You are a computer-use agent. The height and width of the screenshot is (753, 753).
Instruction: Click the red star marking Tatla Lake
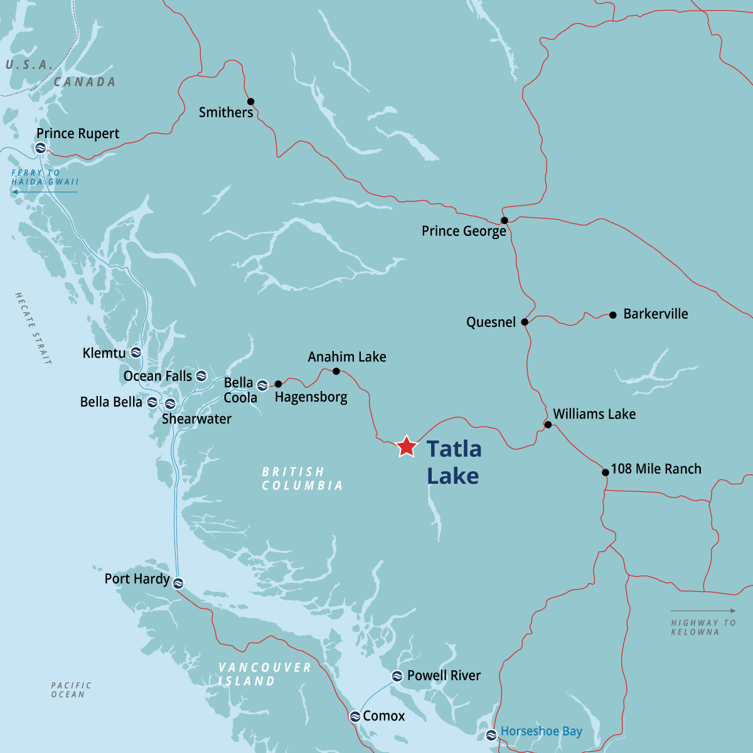[x=407, y=446]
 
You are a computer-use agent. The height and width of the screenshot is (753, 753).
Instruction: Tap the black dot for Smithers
[x=250, y=102]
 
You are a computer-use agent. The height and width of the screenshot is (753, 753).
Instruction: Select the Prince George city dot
[x=504, y=220]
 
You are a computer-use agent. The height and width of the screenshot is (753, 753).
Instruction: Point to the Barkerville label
[x=655, y=314]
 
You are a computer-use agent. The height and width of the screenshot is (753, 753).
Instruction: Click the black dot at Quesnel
[x=525, y=322]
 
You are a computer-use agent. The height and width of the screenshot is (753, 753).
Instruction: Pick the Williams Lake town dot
[x=548, y=425]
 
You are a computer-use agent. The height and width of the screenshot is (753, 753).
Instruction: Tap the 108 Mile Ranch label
[x=656, y=469]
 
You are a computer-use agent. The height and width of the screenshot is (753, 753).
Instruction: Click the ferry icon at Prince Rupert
[x=41, y=148]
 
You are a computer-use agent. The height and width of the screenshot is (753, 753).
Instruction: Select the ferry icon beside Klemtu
[x=136, y=353]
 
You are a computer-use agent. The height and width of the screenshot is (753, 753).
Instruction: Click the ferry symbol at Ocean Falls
[x=201, y=376]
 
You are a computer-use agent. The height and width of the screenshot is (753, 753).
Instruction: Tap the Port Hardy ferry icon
[x=178, y=583]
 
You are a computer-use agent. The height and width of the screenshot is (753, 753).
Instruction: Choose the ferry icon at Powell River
[x=397, y=676]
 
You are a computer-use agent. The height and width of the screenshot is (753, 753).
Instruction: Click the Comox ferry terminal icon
[x=355, y=716]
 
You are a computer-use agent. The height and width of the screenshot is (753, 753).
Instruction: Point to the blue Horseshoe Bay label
[x=541, y=732]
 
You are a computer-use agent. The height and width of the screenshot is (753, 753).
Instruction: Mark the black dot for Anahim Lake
[x=336, y=371]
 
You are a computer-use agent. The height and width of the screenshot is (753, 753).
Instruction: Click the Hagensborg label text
[x=311, y=397]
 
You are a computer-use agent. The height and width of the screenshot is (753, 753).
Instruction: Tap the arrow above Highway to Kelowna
[x=703, y=611]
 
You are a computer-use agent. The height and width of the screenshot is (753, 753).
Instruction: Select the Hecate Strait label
[x=33, y=328]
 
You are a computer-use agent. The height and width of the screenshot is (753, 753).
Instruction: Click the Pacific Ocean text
[x=71, y=690]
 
